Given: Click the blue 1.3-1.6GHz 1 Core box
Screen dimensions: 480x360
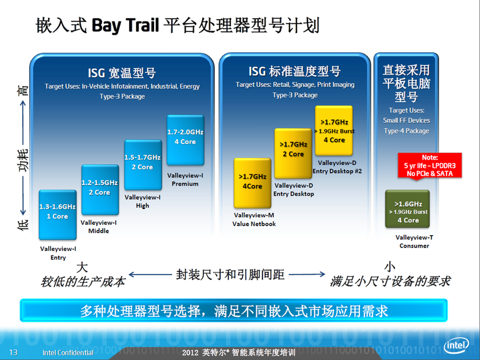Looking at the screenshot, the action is pos(58,215).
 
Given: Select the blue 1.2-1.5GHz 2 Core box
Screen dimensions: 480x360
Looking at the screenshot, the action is pos(100,190).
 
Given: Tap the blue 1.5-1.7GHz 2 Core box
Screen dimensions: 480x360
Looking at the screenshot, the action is pos(143,165).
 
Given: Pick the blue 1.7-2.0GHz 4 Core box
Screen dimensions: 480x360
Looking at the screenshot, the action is pos(185,140).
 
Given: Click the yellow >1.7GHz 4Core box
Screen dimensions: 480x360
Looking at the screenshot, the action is pos(252,183).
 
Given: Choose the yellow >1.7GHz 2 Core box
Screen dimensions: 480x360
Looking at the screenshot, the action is pos(293,153).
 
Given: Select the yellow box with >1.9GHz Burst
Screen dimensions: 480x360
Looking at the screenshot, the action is pos(334,131).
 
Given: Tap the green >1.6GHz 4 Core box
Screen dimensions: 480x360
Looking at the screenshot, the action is pos(408,209).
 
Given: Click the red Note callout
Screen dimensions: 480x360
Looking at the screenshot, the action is pos(430,166).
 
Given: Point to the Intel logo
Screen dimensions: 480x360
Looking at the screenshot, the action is pos(456,346).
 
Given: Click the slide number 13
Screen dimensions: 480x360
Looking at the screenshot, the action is pos(13,352).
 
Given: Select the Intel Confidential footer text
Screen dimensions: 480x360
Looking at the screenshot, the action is pos(68,353).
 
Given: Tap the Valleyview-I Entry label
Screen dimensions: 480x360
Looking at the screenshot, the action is pos(58,253).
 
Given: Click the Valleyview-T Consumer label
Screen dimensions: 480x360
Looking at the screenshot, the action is pos(414,241).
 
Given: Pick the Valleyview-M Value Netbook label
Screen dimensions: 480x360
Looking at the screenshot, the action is pos(254,219).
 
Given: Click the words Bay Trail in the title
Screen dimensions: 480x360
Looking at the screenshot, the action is pos(125,25).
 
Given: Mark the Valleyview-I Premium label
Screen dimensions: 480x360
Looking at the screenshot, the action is pos(185,180).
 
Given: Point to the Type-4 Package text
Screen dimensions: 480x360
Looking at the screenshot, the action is pos(407,131).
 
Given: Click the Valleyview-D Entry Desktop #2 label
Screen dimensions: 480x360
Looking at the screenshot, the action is pos(337,167).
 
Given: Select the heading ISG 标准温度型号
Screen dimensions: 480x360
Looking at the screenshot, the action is pos(295,72).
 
